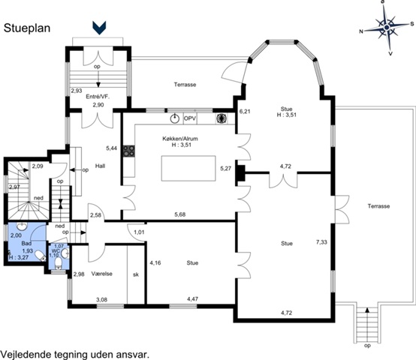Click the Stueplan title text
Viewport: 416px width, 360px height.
coord(27,28)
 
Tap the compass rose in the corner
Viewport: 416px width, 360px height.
coord(387,27)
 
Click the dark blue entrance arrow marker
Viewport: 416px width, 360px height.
coord(99,28)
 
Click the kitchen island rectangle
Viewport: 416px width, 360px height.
coord(188,169)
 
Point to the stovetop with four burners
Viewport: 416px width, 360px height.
coord(128,151)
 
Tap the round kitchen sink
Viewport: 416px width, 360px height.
coord(174,118)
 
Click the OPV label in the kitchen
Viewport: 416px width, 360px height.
coord(190,118)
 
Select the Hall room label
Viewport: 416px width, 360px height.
coord(101,166)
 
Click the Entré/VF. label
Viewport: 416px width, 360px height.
coord(98,97)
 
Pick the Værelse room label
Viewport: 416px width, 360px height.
coord(102,274)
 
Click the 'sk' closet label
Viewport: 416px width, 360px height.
coord(136,274)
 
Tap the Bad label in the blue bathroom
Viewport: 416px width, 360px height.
coord(26,243)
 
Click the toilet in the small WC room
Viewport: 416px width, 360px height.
coord(58,263)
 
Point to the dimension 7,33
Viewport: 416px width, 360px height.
coord(321,241)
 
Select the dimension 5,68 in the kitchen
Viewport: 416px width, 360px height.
coord(180,214)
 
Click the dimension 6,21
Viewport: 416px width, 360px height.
coord(245,112)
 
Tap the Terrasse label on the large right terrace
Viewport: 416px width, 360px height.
coord(378,206)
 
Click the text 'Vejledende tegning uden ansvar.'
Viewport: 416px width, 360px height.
coord(74,354)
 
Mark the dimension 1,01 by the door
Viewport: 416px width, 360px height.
coord(139,232)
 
